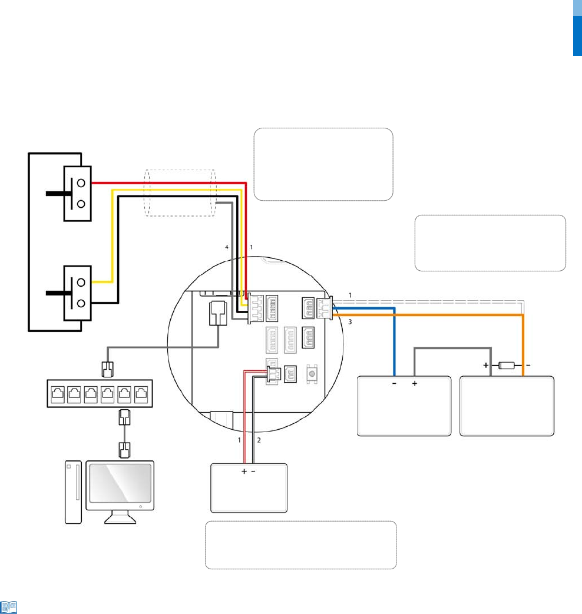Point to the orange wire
pos(523,347)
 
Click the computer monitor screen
pos(120,485)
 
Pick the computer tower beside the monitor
pos(72,492)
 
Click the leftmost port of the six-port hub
pos(58,394)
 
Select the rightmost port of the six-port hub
pos(142,394)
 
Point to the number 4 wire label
pos(226,248)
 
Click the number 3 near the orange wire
pos(350,323)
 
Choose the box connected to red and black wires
pos(249,487)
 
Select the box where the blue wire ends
pos(404,406)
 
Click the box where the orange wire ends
pos(507,406)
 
